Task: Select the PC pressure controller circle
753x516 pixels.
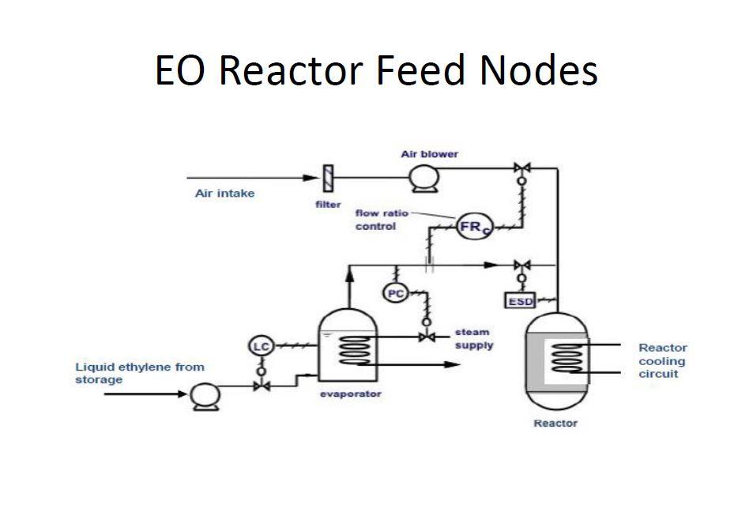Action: tap(395, 293)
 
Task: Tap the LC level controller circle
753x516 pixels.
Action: tap(260, 346)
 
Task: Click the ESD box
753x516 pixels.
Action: tap(521, 301)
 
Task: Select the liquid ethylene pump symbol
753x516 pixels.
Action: tap(202, 396)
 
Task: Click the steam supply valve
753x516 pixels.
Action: tap(427, 337)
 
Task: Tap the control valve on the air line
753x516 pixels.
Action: tap(521, 168)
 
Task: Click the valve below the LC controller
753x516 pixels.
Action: tap(260, 386)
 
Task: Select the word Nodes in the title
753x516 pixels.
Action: tap(538, 70)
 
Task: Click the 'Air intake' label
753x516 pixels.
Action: tap(224, 194)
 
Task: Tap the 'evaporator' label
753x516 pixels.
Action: tap(350, 394)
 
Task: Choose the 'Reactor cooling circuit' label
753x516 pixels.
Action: tap(662, 360)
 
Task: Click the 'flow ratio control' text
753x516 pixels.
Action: tap(381, 220)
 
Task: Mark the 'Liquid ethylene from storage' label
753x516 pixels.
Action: tap(139, 373)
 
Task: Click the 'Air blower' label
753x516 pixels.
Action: tap(429, 154)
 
